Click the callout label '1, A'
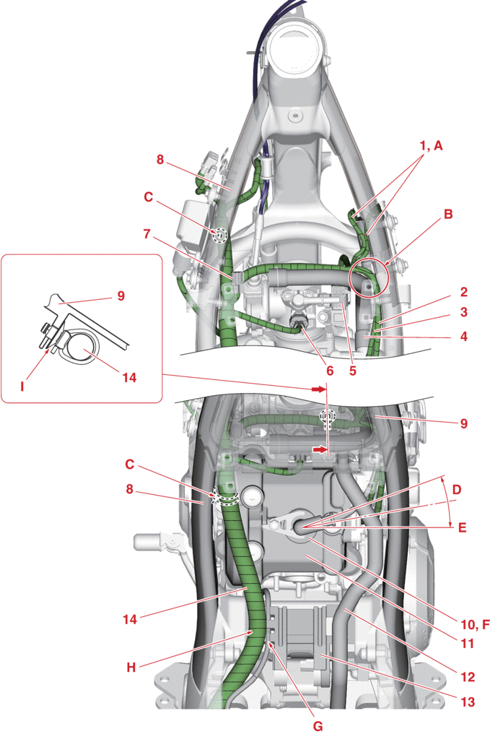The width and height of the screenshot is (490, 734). (430, 145)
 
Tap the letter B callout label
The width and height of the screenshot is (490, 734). (448, 214)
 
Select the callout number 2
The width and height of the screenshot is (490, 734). (463, 293)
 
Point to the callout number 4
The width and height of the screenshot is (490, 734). (463, 336)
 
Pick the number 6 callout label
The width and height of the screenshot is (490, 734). (330, 370)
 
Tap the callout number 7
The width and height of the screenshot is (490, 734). (147, 234)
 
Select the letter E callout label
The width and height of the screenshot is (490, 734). (462, 527)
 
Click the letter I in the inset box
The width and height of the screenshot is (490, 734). (22, 387)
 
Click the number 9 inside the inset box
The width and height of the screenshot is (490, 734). (121, 295)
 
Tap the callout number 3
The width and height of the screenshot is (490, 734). (463, 314)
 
